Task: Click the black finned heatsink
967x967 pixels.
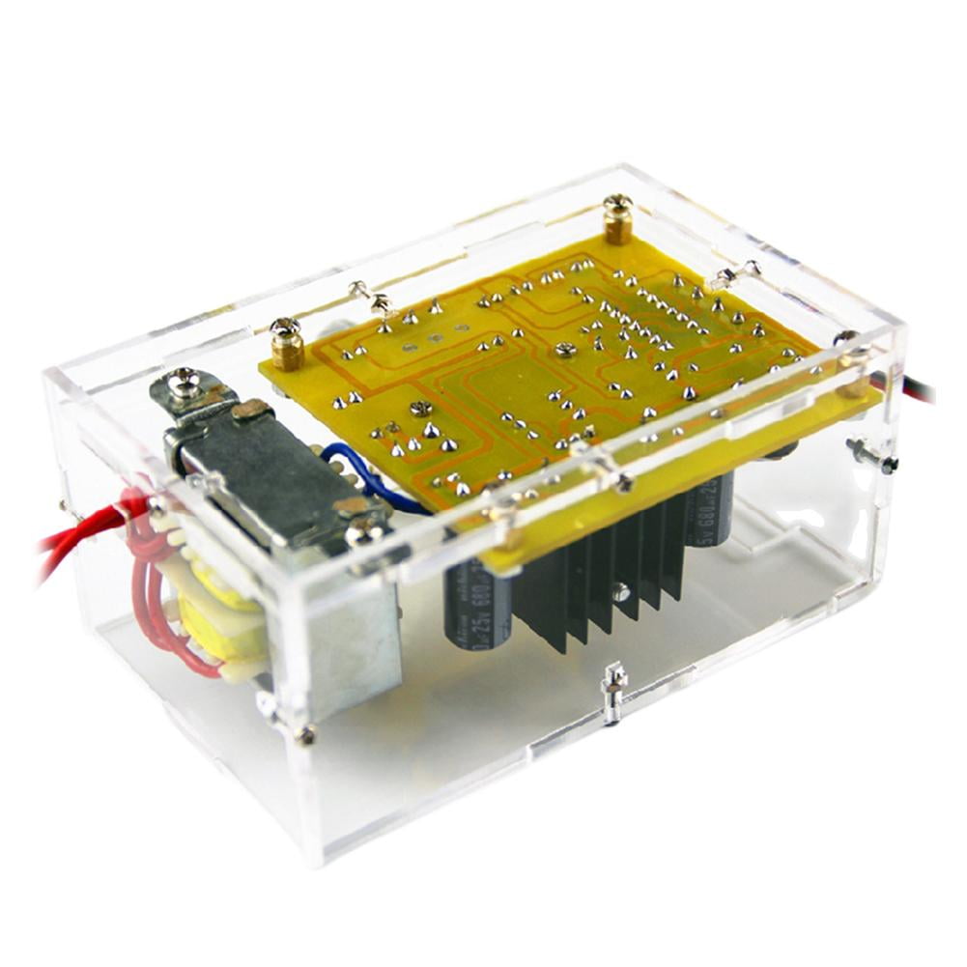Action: point(599,580)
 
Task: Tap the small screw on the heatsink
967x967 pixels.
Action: point(623,592)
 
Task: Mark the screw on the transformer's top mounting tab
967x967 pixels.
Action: point(184,386)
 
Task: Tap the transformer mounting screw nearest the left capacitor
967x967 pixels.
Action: point(364,526)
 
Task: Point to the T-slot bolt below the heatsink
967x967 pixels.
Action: point(612,694)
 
